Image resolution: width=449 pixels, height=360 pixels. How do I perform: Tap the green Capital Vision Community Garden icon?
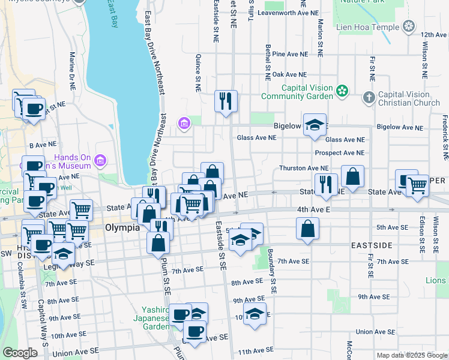click(342, 91)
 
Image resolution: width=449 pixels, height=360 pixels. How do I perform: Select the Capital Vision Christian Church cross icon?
click(369, 97)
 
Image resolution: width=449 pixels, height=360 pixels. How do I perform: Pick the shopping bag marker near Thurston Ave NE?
click(353, 176)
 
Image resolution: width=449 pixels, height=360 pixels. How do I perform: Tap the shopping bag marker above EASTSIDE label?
click(307, 229)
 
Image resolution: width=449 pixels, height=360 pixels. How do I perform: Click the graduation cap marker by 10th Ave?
click(255, 314)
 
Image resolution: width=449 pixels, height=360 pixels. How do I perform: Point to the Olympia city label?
click(122, 228)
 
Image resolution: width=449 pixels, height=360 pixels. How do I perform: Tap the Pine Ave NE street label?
click(289, 54)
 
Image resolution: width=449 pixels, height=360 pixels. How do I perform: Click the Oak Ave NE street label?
click(289, 74)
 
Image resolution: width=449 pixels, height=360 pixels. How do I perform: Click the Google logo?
click(20, 353)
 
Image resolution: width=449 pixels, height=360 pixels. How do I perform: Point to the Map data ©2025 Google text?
click(412, 355)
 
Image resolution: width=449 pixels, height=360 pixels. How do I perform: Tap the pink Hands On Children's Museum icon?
click(100, 160)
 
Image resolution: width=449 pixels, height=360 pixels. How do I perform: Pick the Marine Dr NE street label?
click(72, 70)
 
